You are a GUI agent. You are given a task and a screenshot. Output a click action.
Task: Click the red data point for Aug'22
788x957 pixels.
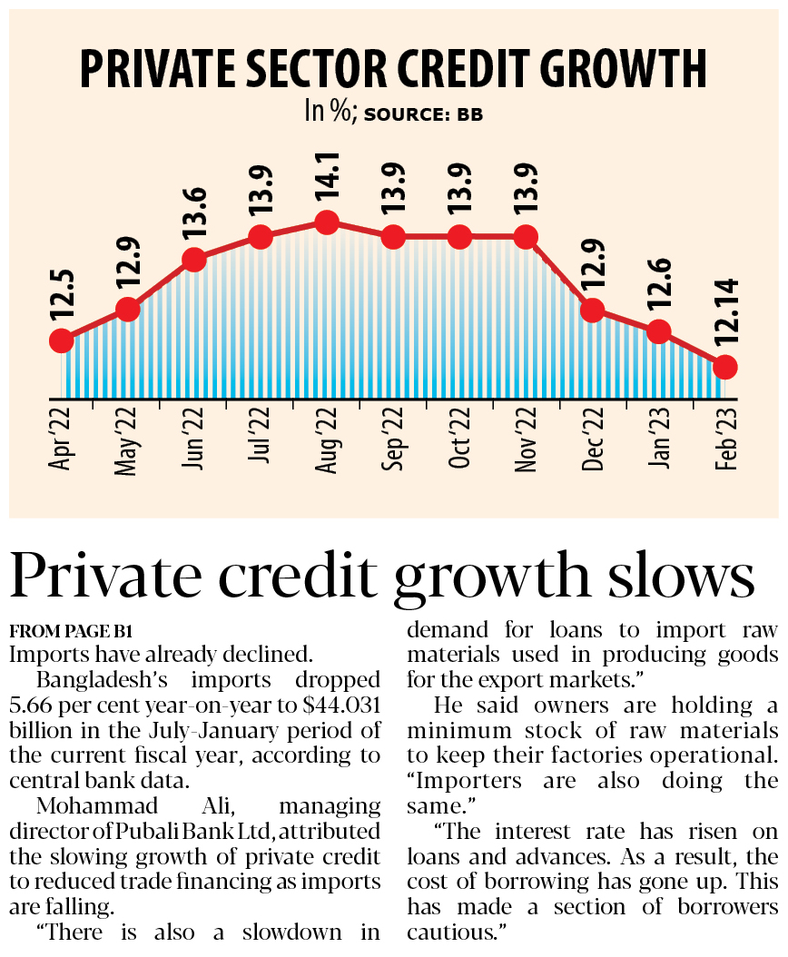pos(327,222)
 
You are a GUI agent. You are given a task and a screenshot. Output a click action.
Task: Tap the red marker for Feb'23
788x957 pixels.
pos(724,367)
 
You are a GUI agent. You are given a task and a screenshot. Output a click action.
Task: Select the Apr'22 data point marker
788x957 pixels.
pos(61,340)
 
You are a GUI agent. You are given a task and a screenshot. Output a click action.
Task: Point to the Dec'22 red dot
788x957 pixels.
pos(592,310)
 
